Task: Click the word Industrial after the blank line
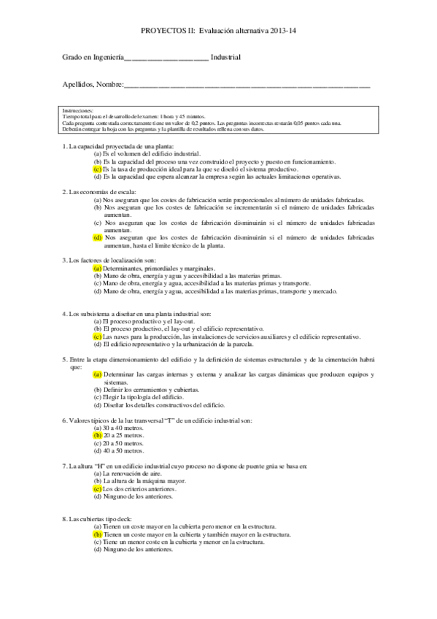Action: (x=226, y=56)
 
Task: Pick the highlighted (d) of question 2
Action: (x=98, y=238)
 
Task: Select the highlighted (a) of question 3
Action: (x=98, y=267)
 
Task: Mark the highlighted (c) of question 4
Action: (x=98, y=337)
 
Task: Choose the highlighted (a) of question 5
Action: (x=98, y=375)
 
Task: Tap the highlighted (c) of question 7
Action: (x=98, y=489)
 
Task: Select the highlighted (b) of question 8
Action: (x=98, y=534)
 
